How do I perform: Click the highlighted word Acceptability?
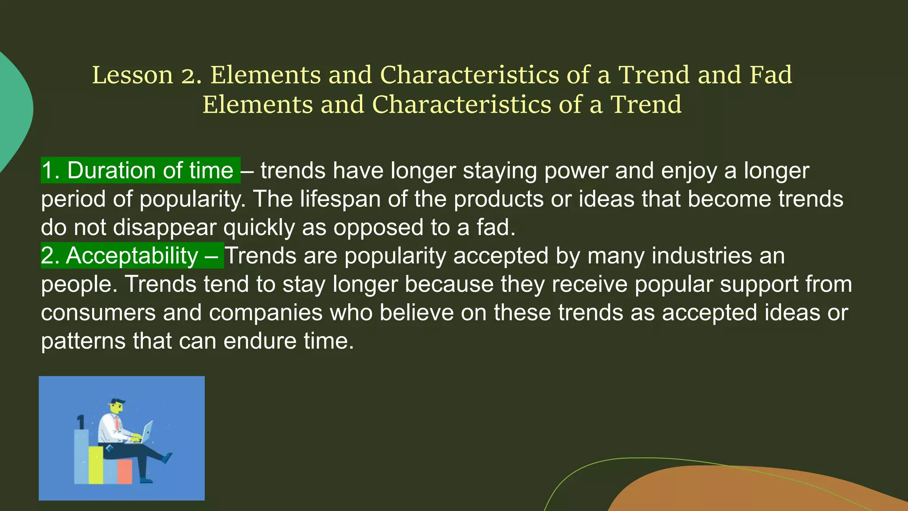pos(132,256)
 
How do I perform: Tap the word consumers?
pos(98,313)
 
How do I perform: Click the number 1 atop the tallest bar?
pos(81,422)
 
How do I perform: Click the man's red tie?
pos(117,422)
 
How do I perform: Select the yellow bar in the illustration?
pos(96,464)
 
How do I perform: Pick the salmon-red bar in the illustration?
pos(125,471)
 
